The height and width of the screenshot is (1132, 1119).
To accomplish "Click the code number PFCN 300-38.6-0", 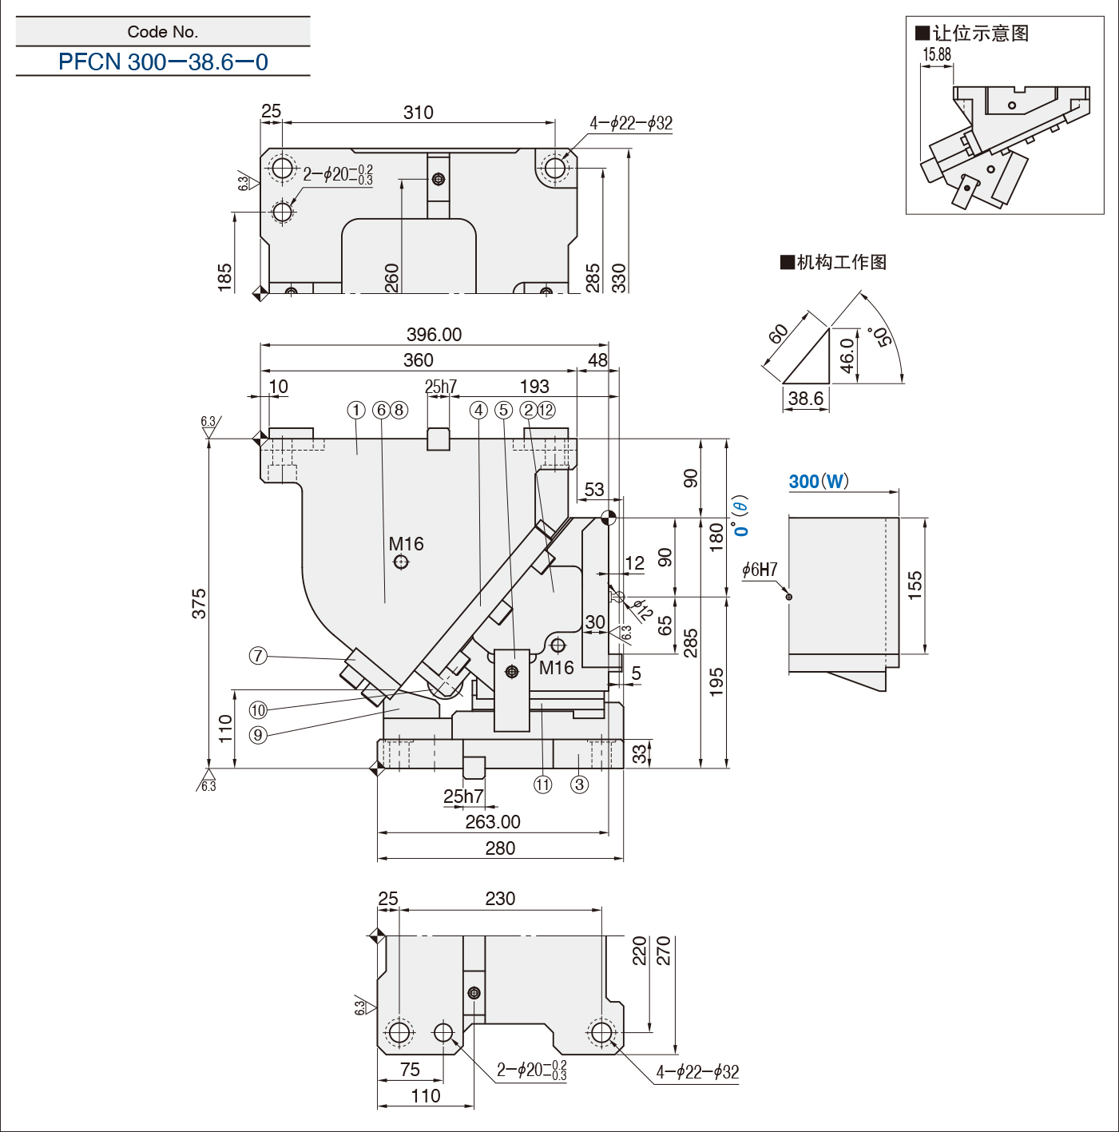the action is [163, 62].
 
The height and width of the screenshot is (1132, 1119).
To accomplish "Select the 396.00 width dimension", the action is [434, 334].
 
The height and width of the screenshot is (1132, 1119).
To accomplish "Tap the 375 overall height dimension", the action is [199, 603].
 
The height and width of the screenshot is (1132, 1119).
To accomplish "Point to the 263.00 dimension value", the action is [493, 821].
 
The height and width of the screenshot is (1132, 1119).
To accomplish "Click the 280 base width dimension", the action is [500, 848].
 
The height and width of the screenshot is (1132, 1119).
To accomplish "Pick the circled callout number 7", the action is [258, 656].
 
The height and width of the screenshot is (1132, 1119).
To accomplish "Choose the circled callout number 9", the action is [258, 735].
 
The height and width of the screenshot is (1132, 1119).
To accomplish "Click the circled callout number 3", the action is [579, 784].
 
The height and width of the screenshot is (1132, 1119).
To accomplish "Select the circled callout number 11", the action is [543, 784].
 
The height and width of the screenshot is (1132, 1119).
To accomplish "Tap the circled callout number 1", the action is [356, 410].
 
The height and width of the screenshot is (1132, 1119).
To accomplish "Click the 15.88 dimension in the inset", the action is [937, 54].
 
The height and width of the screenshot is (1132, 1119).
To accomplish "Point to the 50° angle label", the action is [883, 336].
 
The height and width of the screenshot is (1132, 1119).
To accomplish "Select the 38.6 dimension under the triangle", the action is [805, 399].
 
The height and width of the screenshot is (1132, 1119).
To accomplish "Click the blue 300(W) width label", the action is [819, 482].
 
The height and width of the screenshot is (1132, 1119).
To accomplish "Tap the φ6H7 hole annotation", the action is [759, 570].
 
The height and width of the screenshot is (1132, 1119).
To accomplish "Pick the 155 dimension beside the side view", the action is [915, 585].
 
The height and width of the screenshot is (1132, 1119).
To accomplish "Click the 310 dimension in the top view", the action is [419, 112].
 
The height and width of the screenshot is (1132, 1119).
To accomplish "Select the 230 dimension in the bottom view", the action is [500, 898].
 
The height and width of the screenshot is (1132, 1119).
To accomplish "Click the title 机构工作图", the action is [834, 262].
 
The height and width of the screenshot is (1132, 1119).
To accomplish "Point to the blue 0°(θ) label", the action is [740, 516].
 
